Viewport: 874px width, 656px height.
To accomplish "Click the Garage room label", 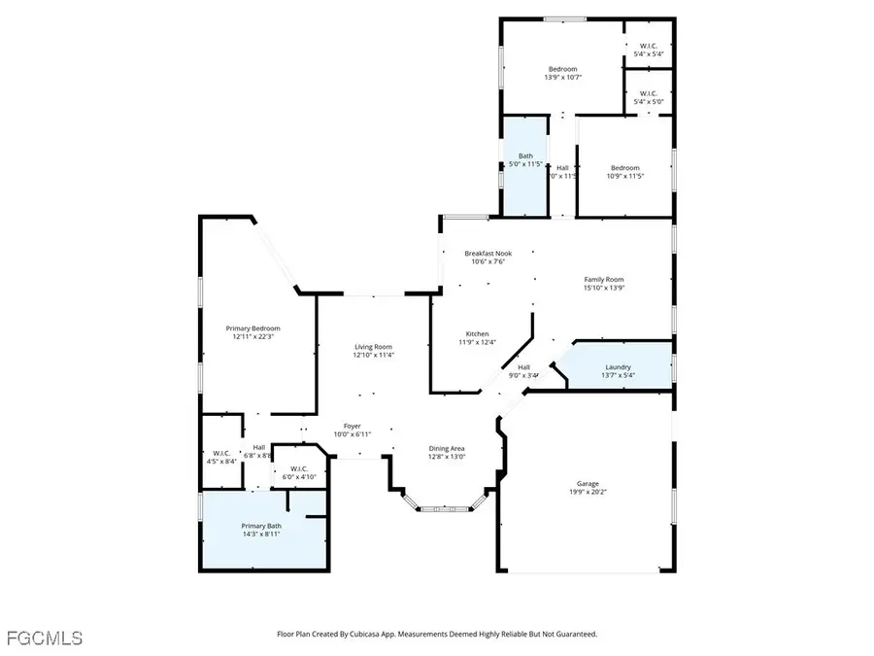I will (588, 483).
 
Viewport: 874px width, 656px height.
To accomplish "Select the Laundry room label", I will (618, 366).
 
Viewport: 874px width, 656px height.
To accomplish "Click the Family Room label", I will (603, 279).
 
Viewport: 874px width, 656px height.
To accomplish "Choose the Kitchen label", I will (476, 333).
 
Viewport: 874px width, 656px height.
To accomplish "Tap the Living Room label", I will (373, 347).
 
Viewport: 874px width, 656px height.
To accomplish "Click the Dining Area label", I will (448, 449).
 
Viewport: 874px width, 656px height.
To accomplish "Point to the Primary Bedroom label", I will (252, 328).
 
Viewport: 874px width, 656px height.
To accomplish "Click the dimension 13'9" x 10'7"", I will (562, 78).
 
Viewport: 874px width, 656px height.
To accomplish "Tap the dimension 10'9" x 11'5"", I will (624, 176).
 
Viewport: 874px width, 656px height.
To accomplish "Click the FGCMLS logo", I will (44, 639).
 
